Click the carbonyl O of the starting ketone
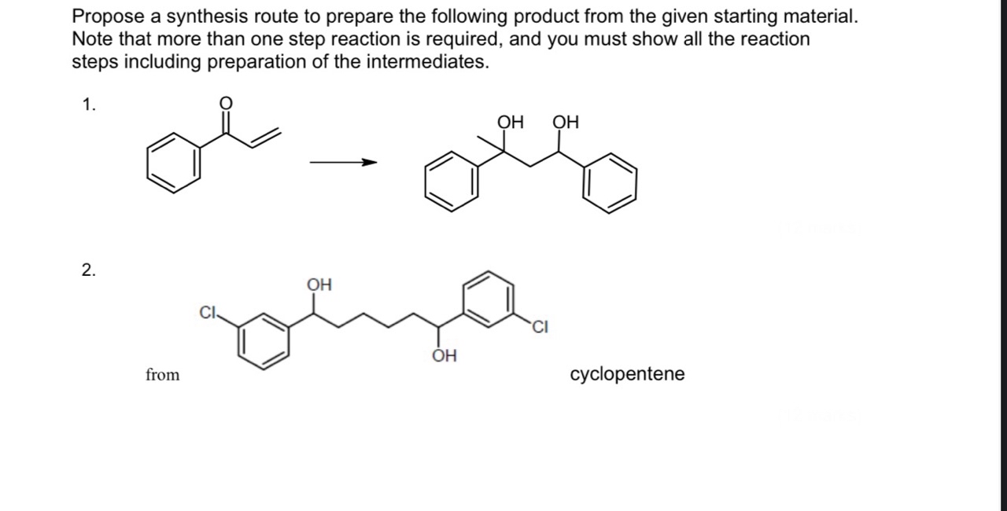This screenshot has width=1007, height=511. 225,104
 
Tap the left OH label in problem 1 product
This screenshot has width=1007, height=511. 511,122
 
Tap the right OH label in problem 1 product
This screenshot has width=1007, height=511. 565,122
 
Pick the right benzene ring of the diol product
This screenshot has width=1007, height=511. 610,183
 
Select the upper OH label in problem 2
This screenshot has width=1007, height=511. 319,284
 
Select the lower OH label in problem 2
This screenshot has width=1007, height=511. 444,356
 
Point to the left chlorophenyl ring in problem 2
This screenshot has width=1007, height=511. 264,340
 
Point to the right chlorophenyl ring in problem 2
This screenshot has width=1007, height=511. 489,298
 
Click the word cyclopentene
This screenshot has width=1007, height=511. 627,374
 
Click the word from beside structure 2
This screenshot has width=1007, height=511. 162,375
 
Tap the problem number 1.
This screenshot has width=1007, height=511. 90,105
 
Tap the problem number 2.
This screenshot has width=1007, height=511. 89,270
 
